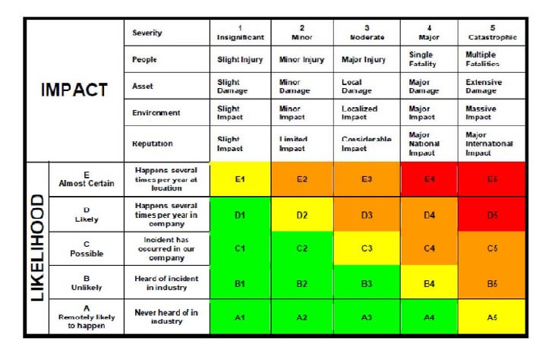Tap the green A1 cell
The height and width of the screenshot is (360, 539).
pos(241,317)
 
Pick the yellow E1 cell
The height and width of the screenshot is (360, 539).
pos(241,179)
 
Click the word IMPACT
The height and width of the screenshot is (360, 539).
pos(74,89)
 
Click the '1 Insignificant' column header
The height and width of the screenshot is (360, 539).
pos(241,32)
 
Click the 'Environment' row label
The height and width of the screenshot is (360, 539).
pos(156,112)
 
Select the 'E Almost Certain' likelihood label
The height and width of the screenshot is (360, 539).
pos(86,179)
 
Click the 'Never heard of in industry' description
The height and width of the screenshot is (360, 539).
pos(166,317)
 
